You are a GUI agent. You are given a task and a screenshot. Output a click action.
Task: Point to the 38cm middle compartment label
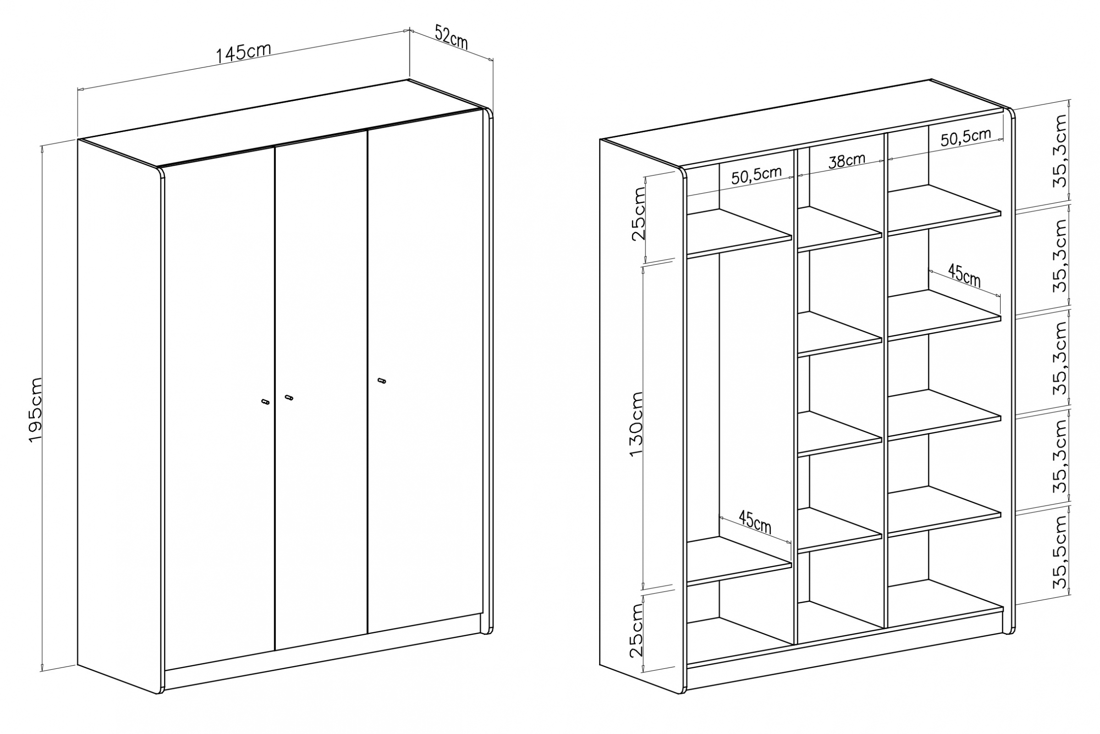(847, 160)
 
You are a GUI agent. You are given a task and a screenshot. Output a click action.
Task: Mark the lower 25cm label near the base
(637, 630)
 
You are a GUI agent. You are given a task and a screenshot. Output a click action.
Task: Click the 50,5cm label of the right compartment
(966, 137)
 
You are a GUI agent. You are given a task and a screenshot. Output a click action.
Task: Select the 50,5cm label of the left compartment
(757, 175)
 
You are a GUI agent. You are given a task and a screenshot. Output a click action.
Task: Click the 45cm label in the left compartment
(755, 522)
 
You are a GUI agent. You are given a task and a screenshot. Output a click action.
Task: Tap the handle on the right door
(382, 381)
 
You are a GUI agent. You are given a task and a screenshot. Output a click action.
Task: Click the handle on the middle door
(289, 397)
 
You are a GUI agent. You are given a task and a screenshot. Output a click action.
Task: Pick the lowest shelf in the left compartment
(739, 561)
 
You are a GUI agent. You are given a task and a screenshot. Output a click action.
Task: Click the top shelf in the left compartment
(739, 233)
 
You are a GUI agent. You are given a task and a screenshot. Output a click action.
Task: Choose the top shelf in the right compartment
(944, 210)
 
